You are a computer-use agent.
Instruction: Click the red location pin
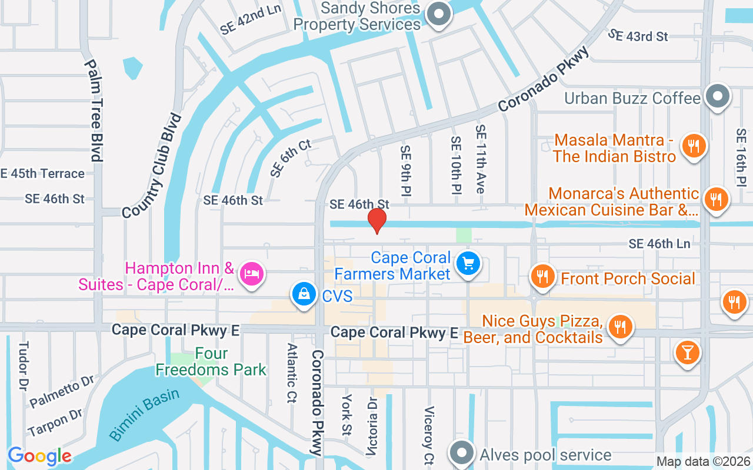tap(376, 220)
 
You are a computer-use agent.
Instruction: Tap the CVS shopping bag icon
tap(304, 294)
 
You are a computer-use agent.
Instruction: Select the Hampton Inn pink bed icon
tap(252, 273)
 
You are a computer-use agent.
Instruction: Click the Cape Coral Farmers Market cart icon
tap(468, 263)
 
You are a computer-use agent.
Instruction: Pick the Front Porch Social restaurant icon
tap(542, 277)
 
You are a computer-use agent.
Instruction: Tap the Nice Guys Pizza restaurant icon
tap(619, 325)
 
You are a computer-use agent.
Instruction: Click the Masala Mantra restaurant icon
tap(694, 146)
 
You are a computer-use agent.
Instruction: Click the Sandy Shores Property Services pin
tap(438, 14)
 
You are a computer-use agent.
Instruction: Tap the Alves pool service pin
tap(462, 454)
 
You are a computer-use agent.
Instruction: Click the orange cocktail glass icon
tap(687, 353)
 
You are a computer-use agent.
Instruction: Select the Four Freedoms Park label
tap(211, 362)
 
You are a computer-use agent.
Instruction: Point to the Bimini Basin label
tap(145, 414)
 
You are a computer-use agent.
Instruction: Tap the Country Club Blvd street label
tap(152, 165)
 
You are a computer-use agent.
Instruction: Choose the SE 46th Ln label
tap(659, 243)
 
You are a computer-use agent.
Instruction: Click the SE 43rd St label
tap(638, 35)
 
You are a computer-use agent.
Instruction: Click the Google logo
tap(39, 456)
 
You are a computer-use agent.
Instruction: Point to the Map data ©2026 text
tap(704, 462)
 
